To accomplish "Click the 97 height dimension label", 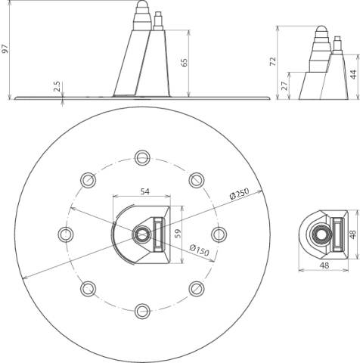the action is [x=5, y=48].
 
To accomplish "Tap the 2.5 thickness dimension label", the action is [x=57, y=86].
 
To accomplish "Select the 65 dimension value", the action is [x=185, y=62].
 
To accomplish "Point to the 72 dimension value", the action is [x=273, y=62].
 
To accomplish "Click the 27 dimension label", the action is [x=284, y=86].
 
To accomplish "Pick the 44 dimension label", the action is [x=354, y=75].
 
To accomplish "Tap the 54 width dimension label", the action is [x=144, y=191].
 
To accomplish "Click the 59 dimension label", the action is [x=178, y=234].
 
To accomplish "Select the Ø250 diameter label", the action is [x=239, y=194].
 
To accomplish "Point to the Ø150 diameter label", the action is [x=199, y=250].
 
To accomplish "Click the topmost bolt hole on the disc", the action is [x=142, y=157].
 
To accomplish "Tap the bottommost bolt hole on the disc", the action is [x=142, y=312].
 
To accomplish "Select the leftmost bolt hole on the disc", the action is [x=66, y=234].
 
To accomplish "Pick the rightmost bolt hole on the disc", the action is [x=219, y=234].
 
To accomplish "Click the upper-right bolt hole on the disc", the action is [x=197, y=180].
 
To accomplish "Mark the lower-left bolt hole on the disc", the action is [x=88, y=289].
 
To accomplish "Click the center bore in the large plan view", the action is [x=142, y=234].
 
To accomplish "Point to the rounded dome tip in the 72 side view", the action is [x=321, y=29].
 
